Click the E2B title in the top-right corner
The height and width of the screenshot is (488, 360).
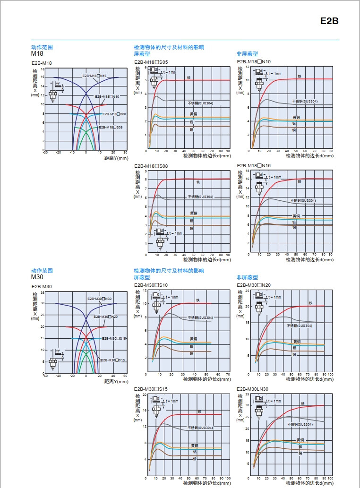pyautogui.click(x=329, y=21)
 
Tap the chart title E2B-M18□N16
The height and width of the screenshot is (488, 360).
pyautogui.click(x=254, y=165)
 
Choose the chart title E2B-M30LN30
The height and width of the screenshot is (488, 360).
pyautogui.click(x=252, y=389)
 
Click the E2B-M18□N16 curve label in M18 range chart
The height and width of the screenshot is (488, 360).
pyautogui.click(x=94, y=76)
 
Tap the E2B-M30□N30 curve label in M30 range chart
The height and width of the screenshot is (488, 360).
pyautogui.click(x=99, y=299)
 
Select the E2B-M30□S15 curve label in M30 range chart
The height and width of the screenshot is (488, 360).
pyautogui.click(x=114, y=338)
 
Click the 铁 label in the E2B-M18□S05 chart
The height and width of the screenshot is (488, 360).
pyautogui.click(x=188, y=77)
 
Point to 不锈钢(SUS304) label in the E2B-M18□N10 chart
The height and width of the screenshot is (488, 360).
pyautogui.click(x=305, y=101)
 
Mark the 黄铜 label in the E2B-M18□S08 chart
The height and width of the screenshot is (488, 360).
pyautogui.click(x=194, y=213)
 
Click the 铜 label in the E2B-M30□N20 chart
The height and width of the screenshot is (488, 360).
pyautogui.click(x=294, y=354)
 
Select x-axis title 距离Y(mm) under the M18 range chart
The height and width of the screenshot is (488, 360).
pyautogui.click(x=116, y=158)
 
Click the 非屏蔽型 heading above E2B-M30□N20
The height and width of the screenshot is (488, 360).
pyautogui.click(x=247, y=277)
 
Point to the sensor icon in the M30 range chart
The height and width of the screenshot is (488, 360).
pyautogui.click(x=53, y=361)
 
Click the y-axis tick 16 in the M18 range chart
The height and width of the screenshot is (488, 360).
pyautogui.click(x=43, y=77)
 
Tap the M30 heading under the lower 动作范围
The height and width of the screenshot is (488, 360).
pyautogui.click(x=37, y=277)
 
